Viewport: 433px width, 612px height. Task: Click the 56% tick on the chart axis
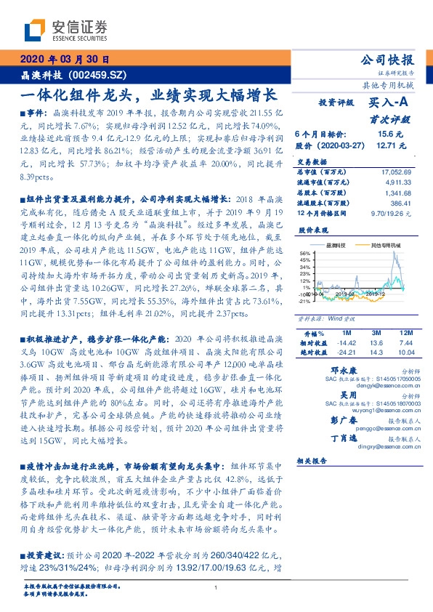[x=305, y=254]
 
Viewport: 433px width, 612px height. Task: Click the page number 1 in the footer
[x=216, y=587]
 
